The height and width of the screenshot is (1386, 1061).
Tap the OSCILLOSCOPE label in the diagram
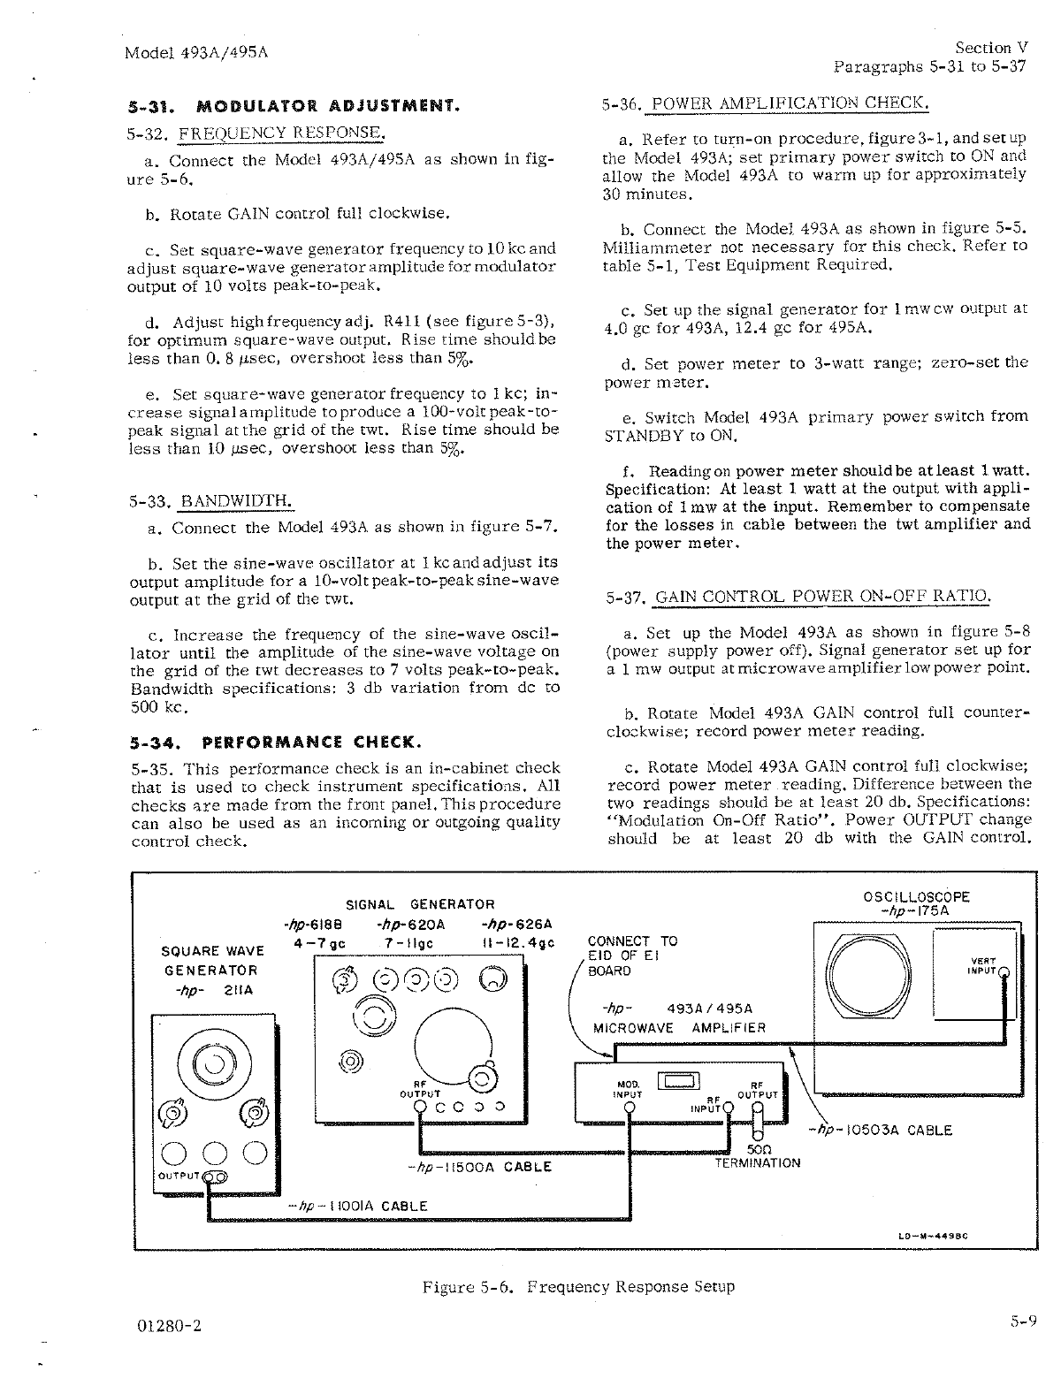coord(916,896)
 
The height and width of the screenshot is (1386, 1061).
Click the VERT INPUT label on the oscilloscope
coord(983,965)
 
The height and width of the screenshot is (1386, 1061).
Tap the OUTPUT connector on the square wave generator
coord(215,1176)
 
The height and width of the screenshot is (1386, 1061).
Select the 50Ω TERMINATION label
coord(757,1156)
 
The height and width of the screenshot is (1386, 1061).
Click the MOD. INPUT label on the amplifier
coord(626,1089)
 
